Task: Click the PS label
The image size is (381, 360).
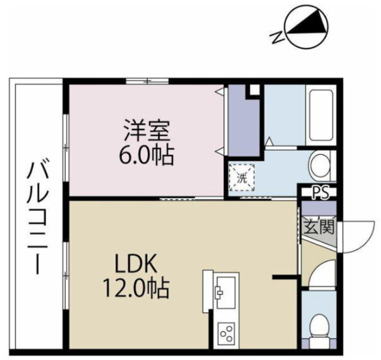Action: point(320,193)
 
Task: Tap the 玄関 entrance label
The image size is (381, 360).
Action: point(319,227)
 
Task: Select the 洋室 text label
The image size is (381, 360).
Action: point(147,130)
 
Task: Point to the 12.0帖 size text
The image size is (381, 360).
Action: point(136,288)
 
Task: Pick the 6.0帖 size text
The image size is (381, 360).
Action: point(146,155)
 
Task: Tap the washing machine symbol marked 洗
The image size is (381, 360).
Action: point(242,177)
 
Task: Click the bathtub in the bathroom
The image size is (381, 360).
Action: point(321,115)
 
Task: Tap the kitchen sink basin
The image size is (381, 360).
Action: point(226,292)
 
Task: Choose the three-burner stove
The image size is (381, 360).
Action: point(226,333)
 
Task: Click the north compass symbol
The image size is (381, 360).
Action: point(307,27)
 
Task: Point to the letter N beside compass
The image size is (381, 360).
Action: point(277,38)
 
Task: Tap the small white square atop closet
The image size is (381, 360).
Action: point(255,90)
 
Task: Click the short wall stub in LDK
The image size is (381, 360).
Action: point(285,277)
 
